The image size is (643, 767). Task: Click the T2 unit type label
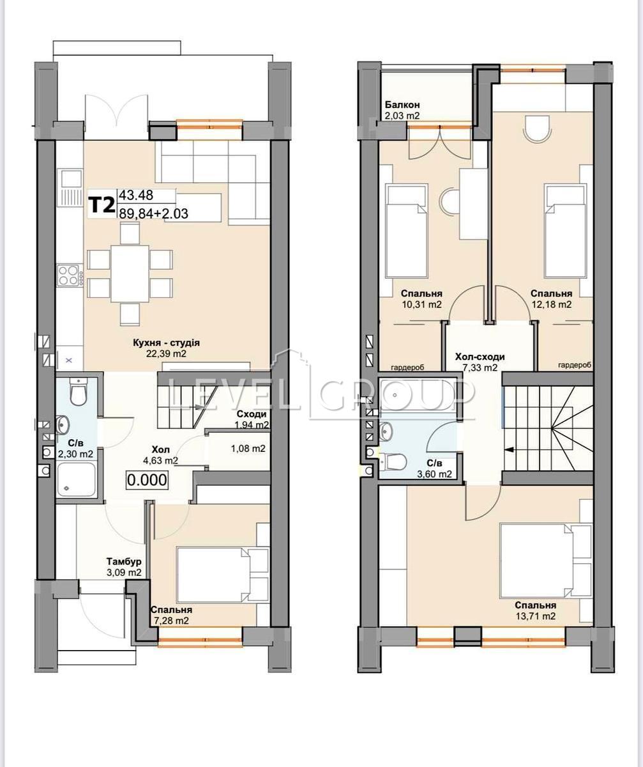tap(102, 205)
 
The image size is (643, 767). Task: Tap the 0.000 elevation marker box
tap(147, 480)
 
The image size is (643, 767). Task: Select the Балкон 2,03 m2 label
tap(402, 110)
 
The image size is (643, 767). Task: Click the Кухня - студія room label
tap(166, 343)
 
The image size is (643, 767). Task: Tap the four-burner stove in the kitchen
tap(70, 275)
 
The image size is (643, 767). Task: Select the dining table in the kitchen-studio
tap(130, 274)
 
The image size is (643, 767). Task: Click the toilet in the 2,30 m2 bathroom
tap(77, 392)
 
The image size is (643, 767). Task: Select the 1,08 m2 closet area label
tap(248, 449)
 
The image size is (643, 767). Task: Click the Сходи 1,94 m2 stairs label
tap(252, 419)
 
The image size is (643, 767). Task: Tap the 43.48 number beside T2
tap(135, 195)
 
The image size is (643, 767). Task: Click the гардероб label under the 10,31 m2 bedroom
tap(408, 367)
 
